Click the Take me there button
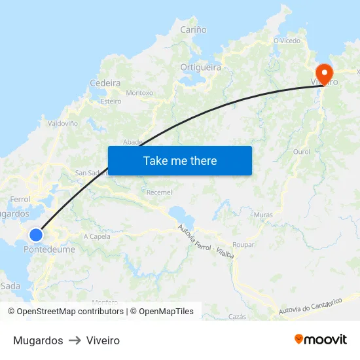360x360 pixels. pyautogui.click(x=180, y=160)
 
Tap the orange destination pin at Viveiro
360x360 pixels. pyautogui.click(x=324, y=72)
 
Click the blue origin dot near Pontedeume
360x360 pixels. pyautogui.click(x=36, y=234)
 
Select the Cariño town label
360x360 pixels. pyautogui.click(x=193, y=29)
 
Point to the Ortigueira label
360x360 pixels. pyautogui.click(x=200, y=67)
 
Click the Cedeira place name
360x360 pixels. pyautogui.click(x=105, y=83)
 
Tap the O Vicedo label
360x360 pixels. pyautogui.click(x=287, y=40)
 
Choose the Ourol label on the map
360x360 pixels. pyautogui.click(x=302, y=151)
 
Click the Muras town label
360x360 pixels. pyautogui.click(x=263, y=215)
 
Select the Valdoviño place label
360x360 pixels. pyautogui.click(x=63, y=123)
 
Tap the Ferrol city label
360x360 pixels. pyautogui.click(x=20, y=199)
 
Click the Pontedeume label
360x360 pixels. pyautogui.click(x=49, y=249)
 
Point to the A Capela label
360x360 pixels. pyautogui.click(x=97, y=236)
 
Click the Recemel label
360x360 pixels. pyautogui.click(x=160, y=192)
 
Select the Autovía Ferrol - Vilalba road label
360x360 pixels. pyautogui.click(x=206, y=243)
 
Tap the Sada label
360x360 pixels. pyautogui.click(x=10, y=286)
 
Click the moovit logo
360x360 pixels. pyautogui.click(x=321, y=339)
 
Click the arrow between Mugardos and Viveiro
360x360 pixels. pyautogui.click(x=75, y=340)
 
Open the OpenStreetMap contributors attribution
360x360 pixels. pyautogui.click(x=70, y=312)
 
